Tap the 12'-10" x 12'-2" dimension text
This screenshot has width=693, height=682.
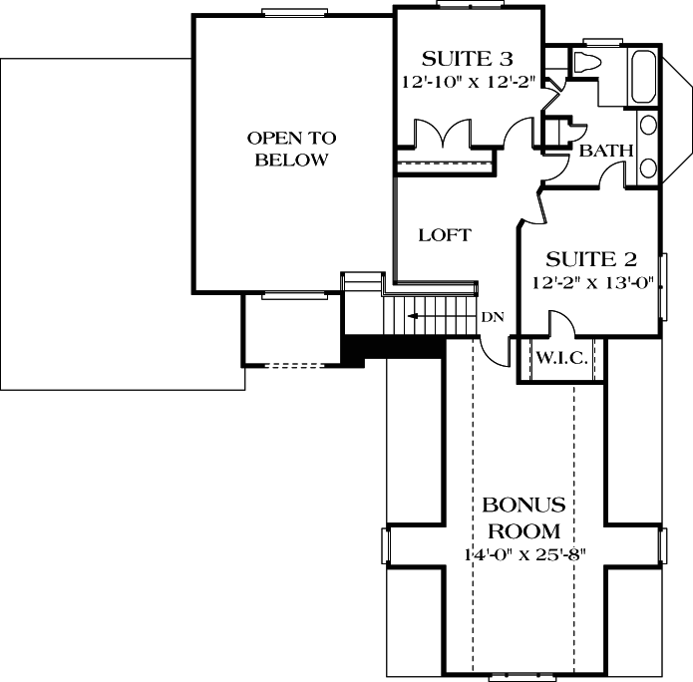(467, 82)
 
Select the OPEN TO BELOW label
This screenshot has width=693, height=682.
(291, 149)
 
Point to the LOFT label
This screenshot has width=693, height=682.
(444, 235)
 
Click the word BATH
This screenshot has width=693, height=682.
(606, 152)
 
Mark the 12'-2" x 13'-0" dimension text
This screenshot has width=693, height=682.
(591, 282)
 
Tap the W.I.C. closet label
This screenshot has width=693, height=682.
(559, 356)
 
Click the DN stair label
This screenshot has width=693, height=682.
(493, 317)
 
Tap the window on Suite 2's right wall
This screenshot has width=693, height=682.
(662, 286)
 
